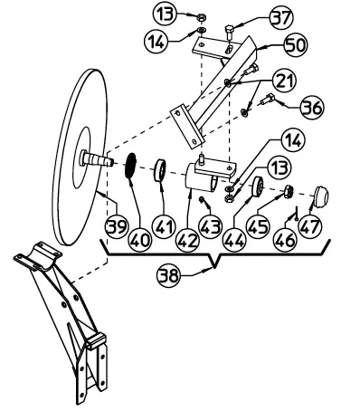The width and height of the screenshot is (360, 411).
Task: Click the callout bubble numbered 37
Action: click(281, 18)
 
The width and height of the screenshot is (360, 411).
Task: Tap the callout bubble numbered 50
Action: click(295, 45)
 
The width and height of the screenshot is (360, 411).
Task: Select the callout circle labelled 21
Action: click(284, 81)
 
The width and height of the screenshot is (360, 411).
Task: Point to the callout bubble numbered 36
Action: click(312, 107)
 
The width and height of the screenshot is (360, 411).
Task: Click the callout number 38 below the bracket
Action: click(168, 275)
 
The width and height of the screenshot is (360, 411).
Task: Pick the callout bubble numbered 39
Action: click(117, 226)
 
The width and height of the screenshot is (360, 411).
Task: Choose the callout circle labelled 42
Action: click(188, 241)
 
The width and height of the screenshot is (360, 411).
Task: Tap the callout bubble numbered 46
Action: click(285, 241)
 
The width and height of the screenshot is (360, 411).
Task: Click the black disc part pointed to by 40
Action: click(130, 166)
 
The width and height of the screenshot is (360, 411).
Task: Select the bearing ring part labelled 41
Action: click(160, 171)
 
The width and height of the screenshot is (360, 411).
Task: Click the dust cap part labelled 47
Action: click(319, 196)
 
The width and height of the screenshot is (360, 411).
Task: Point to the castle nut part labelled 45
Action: click(289, 191)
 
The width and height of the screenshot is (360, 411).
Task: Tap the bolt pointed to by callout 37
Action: click(230, 33)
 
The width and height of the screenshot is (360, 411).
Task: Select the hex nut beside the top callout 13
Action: click(201, 17)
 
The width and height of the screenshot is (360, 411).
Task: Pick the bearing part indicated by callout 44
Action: click(258, 187)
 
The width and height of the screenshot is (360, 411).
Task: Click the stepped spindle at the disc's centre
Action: click(96, 159)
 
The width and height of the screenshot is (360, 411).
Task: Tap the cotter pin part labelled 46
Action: click(297, 213)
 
